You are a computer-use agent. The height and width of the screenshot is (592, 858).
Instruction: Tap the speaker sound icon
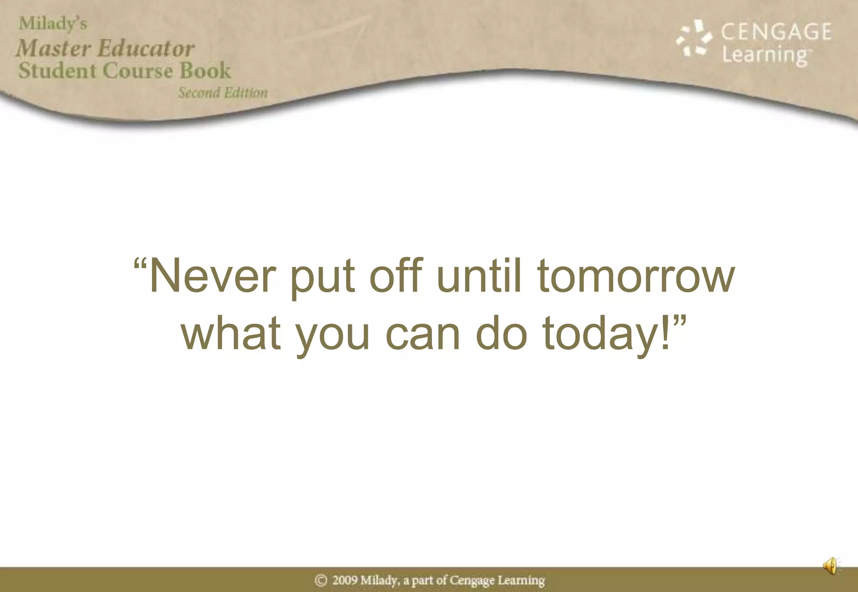pyautogui.click(x=831, y=566)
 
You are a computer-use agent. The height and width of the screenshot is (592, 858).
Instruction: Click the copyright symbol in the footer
pyautogui.click(x=321, y=580)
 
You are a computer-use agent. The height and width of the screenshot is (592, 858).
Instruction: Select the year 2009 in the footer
pyautogui.click(x=345, y=580)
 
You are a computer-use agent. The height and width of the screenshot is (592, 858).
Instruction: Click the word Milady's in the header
pyautogui.click(x=53, y=23)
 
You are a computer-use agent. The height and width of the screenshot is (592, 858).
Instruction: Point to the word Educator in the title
pyautogui.click(x=146, y=48)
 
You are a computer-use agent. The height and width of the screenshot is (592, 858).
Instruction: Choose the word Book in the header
pyautogui.click(x=205, y=70)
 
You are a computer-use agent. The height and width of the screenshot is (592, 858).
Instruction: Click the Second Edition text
pyautogui.click(x=223, y=93)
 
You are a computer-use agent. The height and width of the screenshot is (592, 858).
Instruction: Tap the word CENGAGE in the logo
pyautogui.click(x=776, y=32)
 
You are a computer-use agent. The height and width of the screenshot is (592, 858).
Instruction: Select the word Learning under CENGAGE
pyautogui.click(x=765, y=55)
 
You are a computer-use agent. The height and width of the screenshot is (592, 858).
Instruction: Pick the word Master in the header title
pyautogui.click(x=54, y=48)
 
